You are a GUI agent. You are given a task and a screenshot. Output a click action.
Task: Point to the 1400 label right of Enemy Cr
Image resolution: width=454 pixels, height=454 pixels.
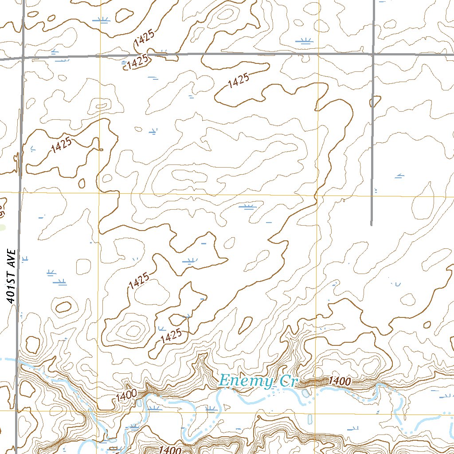pyautogui.click(x=340, y=381)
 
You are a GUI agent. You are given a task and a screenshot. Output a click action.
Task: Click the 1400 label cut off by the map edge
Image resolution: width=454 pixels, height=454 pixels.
pyautogui.click(x=169, y=450)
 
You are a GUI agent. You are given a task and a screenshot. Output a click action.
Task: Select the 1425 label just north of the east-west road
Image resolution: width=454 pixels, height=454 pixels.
pyautogui.click(x=144, y=41)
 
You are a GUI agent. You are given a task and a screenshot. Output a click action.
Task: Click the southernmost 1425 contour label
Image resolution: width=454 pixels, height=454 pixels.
pyautogui.click(x=172, y=337)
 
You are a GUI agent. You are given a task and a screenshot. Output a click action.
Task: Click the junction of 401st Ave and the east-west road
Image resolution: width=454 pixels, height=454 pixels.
pyautogui.click(x=22, y=58)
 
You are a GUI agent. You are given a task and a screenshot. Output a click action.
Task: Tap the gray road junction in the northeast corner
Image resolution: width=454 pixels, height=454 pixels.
pyautogui.click(x=373, y=54)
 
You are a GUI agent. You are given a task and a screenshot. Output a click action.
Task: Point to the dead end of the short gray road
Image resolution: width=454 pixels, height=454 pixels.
pyautogui.click(x=372, y=225)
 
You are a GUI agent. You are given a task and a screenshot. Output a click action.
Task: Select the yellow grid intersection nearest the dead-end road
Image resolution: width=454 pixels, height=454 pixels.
pyautogui.click(x=317, y=195)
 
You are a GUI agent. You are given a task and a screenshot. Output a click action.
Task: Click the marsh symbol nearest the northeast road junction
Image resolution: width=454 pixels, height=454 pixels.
pyautogui.click(x=304, y=42)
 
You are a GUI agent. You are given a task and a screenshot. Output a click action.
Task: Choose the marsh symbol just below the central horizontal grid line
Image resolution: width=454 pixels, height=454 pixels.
pyautogui.click(x=247, y=207)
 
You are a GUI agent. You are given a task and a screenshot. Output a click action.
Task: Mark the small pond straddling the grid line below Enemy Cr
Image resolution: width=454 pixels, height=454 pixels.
pyautogui.click(x=309, y=419)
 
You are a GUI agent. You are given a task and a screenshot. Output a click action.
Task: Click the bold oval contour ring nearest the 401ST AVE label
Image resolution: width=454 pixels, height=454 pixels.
pyautogui.click(x=64, y=306)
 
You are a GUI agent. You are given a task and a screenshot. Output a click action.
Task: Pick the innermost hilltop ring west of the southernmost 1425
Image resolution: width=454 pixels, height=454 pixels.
pyautogui.click(x=133, y=330)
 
